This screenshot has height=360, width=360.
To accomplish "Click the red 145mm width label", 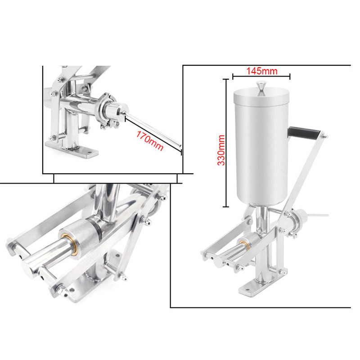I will click(x=261, y=71).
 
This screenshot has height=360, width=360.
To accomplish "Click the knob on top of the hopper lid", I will click(x=261, y=86).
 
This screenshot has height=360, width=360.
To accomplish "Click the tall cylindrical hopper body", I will click(x=260, y=148).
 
